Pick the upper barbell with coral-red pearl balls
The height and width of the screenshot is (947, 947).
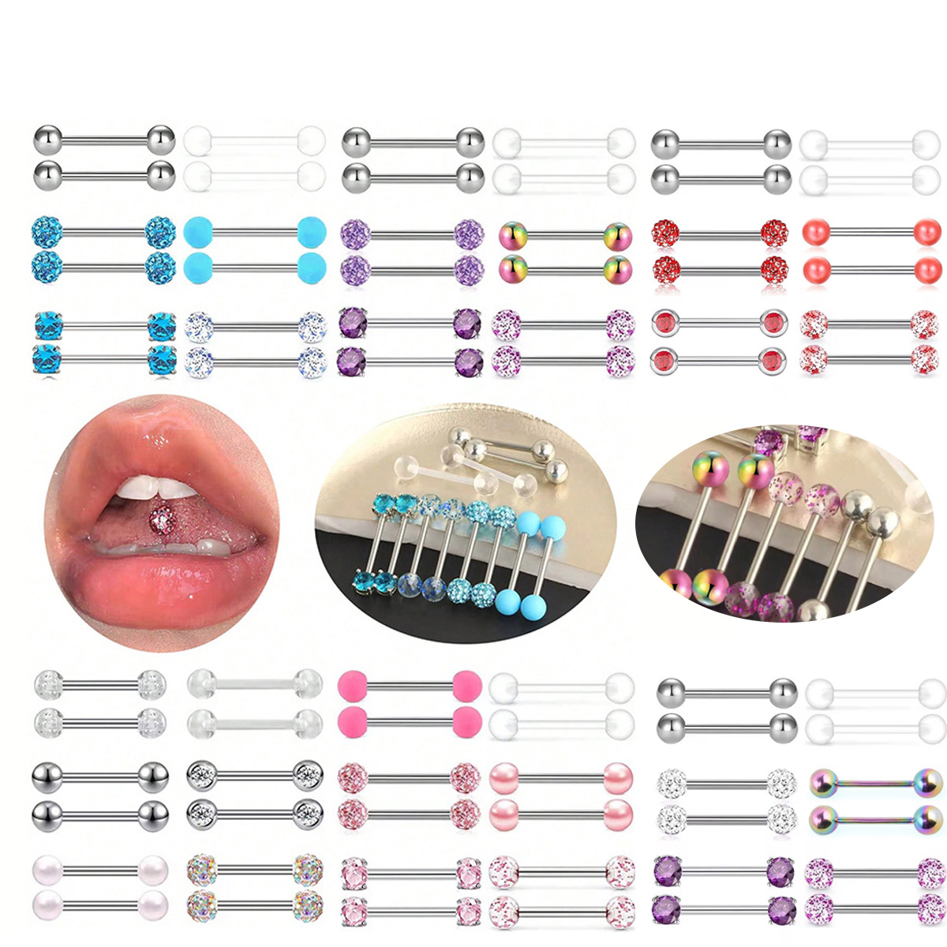coord(872,233)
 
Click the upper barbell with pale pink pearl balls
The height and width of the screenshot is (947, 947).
coord(561,777)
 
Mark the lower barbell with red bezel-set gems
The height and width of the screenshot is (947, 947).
coord(719,361)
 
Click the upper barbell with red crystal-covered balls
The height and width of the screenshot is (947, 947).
coord(719,233)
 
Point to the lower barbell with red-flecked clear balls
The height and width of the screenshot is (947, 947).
coord(872,361)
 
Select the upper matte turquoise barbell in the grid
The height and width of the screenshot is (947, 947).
coord(254,233)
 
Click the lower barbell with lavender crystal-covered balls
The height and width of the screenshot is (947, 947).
coord(412,269)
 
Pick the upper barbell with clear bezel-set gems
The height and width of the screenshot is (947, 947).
coord(254,776)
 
